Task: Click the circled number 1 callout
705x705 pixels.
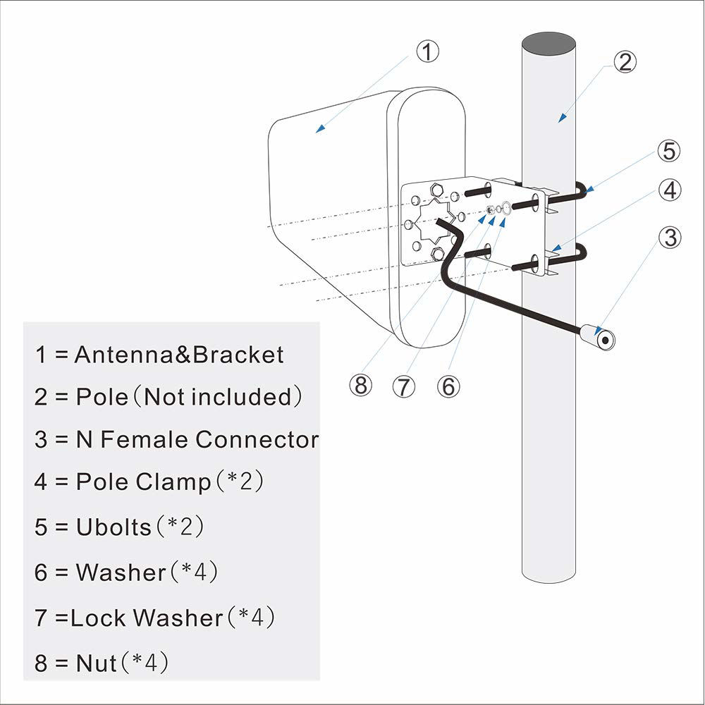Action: tap(427, 51)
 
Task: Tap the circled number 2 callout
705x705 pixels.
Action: tap(625, 62)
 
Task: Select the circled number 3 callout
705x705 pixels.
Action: tap(670, 238)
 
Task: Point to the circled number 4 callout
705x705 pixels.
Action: tap(670, 190)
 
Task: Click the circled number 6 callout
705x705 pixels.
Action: tap(448, 386)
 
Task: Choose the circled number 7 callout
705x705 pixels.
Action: tap(405, 386)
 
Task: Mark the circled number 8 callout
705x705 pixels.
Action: tap(360, 386)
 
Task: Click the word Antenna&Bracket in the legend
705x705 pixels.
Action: tap(179, 355)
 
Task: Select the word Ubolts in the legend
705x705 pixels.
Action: tap(114, 527)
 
